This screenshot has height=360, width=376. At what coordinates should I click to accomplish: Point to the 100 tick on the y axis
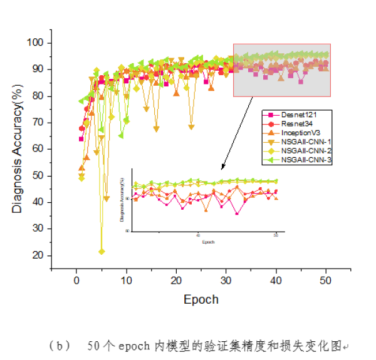click(x=36, y=43)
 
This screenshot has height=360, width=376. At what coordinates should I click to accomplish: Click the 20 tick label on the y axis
click(x=39, y=255)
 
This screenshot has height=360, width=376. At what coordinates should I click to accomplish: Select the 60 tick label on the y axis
click(x=39, y=149)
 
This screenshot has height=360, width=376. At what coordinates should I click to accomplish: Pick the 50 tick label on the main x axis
click(x=325, y=279)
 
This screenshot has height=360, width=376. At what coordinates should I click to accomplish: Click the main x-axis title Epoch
click(x=201, y=299)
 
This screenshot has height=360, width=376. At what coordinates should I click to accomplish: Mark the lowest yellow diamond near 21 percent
click(x=102, y=252)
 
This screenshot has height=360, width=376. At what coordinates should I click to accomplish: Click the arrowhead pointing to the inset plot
click(x=222, y=168)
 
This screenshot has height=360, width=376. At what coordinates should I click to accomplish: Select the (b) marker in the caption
click(x=56, y=346)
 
